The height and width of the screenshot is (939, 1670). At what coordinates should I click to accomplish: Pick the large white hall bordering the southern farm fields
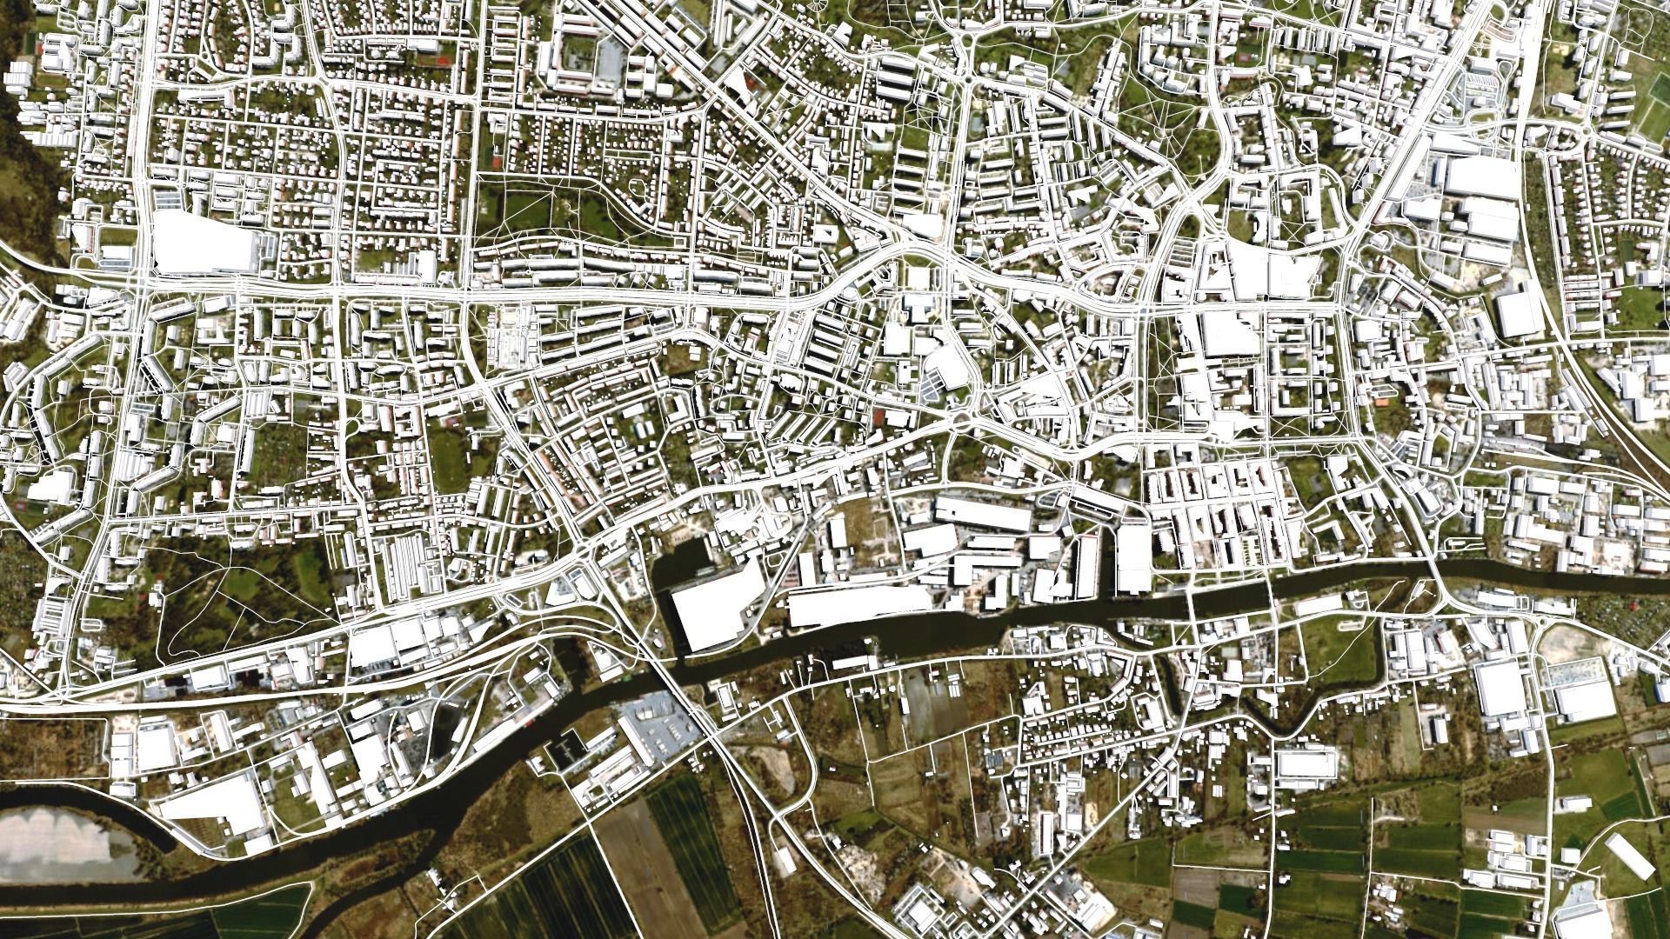pyautogui.click(x=1305, y=765)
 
